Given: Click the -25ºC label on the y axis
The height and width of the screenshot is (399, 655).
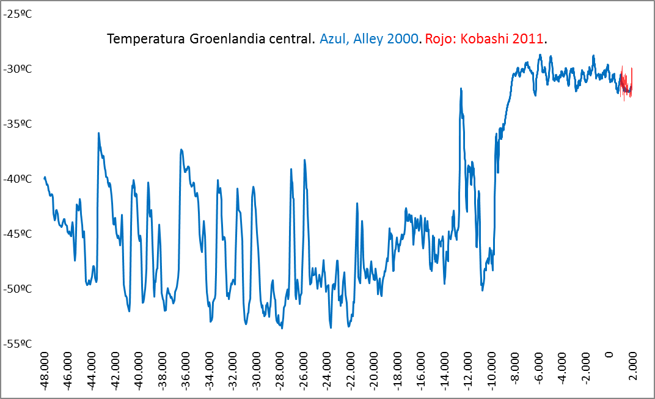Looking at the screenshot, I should [x=18, y=13].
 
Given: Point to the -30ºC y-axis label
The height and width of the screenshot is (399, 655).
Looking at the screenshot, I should [x=18, y=68].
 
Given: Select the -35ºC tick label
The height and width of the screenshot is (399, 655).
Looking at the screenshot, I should [x=18, y=123].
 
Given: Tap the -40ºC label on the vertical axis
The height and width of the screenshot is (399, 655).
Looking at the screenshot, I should [x=18, y=178].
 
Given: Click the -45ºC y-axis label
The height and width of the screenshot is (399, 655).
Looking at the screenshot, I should [x=18, y=233].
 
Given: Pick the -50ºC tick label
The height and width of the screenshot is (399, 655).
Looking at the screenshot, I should [x=18, y=288].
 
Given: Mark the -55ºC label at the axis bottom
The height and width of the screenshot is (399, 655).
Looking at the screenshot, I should [x=18, y=343].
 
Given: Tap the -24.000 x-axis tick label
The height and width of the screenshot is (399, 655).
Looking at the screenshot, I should [x=327, y=372].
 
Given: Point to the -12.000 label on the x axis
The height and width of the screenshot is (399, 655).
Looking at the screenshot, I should [x=468, y=372].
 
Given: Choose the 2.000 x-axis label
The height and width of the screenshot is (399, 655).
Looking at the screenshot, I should [x=632, y=367].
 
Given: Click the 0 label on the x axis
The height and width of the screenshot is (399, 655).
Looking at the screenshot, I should [x=609, y=355].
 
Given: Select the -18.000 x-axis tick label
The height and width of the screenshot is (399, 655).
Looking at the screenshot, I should [x=397, y=372].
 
